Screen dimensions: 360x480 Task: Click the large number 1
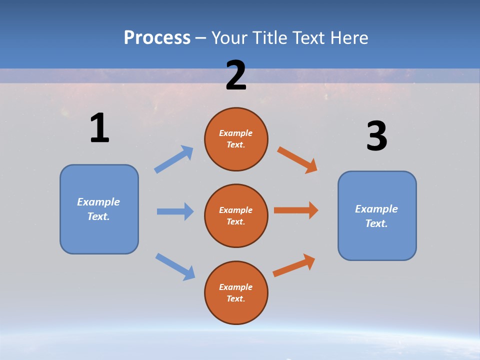pos(99,128)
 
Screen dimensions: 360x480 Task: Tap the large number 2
pos(236,75)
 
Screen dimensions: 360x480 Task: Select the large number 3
pos(376,136)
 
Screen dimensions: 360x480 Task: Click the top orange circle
pos(236,139)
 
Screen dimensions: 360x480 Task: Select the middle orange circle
pos(236,215)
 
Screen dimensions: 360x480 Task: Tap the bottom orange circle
pos(236,292)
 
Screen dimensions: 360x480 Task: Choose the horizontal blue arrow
pos(175,211)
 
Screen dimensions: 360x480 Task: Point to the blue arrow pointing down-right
pos(175,266)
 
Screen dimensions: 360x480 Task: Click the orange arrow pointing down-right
pos(297,159)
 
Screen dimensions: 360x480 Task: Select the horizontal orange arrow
pos(296,210)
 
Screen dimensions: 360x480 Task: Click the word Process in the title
pos(157,37)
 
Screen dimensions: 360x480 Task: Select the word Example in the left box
pos(98,202)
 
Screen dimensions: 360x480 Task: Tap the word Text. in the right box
pos(376,223)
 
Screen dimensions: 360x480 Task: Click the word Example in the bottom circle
pos(235,287)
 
